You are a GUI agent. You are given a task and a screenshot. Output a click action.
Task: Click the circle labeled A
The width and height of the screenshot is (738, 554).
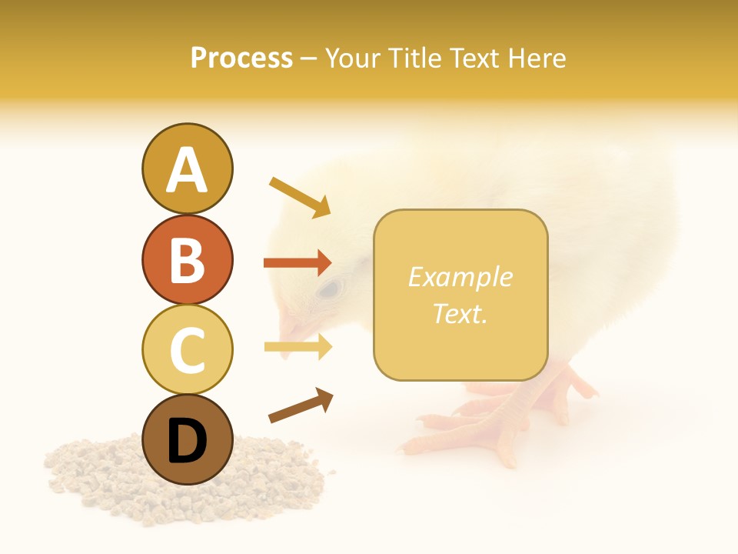(x=187, y=169)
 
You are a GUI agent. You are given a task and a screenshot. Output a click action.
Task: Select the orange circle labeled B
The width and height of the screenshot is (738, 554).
(x=187, y=259)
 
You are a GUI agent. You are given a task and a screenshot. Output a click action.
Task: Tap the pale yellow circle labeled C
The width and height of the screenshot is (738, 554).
(x=187, y=349)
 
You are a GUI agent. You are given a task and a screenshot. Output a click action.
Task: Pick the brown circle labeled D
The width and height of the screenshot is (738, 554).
(x=187, y=439)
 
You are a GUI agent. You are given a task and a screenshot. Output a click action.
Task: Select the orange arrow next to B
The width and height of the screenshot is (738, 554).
(x=298, y=263)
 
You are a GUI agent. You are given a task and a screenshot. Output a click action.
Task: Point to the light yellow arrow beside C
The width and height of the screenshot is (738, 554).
(x=298, y=348)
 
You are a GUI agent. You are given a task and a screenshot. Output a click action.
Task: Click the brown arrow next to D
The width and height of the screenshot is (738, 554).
(x=301, y=405)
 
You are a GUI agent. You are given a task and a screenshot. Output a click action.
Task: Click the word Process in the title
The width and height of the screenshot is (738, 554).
(x=241, y=58)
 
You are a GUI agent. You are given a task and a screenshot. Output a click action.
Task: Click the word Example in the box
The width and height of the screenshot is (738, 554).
(x=460, y=277)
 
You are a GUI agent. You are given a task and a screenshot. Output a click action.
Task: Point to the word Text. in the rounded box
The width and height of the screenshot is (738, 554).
(x=460, y=314)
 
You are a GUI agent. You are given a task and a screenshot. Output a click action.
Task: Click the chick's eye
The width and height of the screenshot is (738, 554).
(x=330, y=289)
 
